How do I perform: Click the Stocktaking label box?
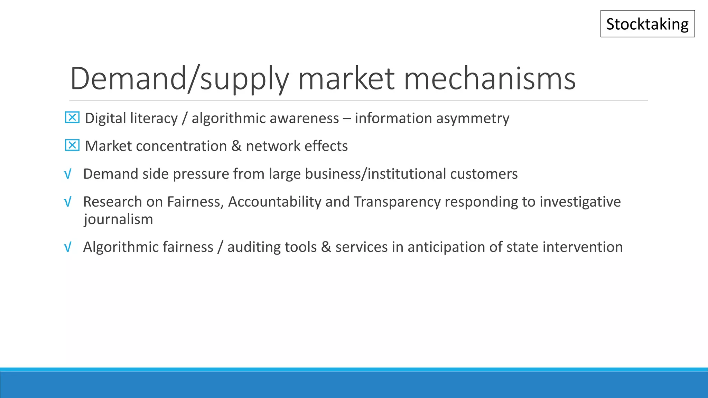[x=648, y=24]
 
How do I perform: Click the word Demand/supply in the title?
[x=179, y=79]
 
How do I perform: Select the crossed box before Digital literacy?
[x=72, y=118]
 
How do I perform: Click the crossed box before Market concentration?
[x=72, y=145]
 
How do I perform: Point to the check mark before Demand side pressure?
[x=68, y=174]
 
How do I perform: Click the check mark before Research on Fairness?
[x=68, y=202]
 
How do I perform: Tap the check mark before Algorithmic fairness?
[x=68, y=247]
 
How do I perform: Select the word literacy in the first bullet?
[x=154, y=119]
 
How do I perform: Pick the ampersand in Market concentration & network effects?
[x=236, y=146]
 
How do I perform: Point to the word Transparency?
[x=397, y=202]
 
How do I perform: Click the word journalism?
[x=118, y=219]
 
